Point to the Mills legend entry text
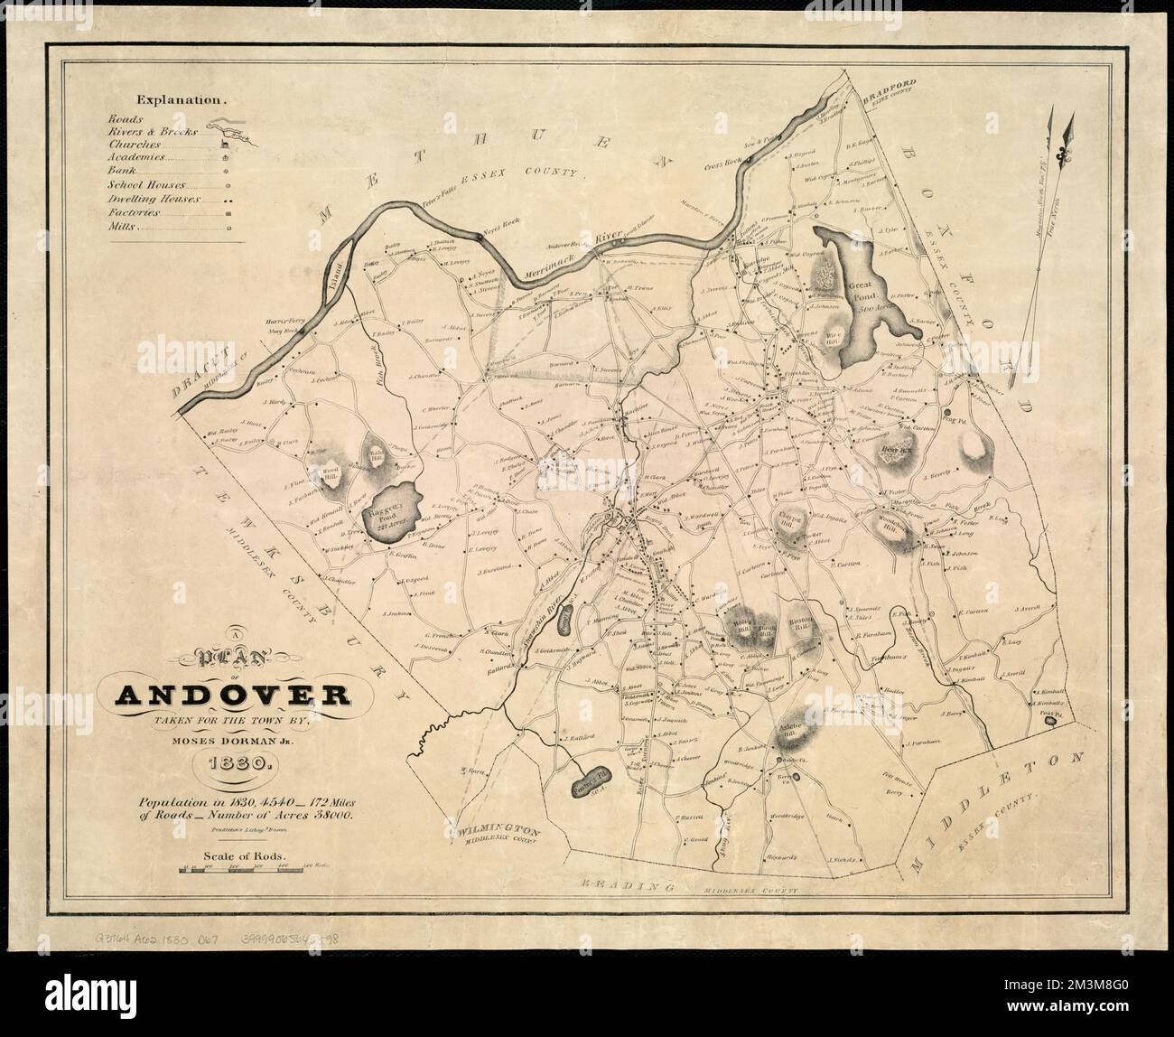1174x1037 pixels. pyautogui.click(x=123, y=229)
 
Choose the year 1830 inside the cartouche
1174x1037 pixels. pyautogui.click(x=233, y=764)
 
